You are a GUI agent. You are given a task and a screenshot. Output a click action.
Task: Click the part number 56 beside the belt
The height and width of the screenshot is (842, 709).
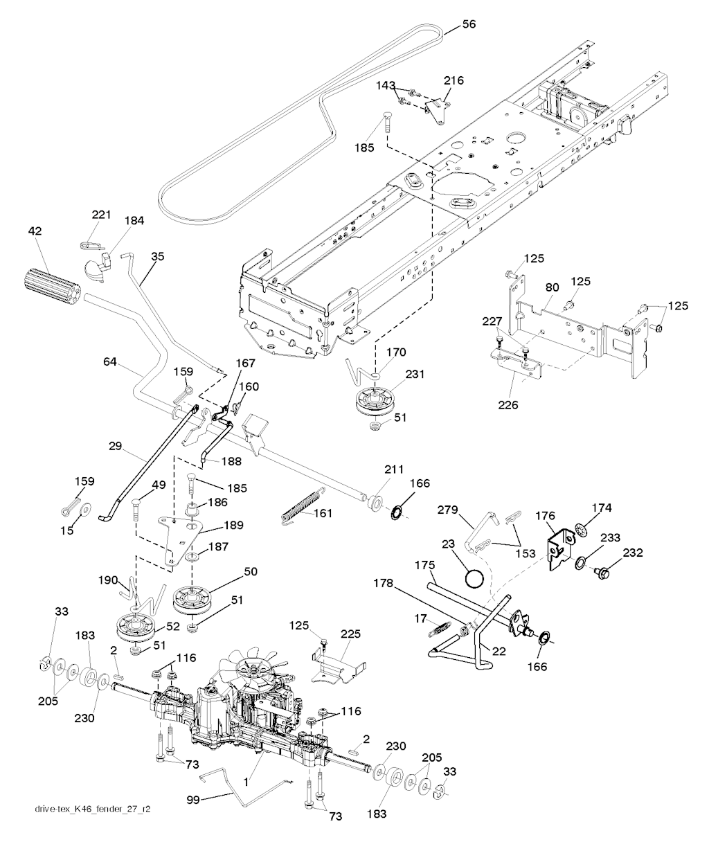coord(469,24)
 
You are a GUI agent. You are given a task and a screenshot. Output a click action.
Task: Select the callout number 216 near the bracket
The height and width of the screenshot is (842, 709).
coord(454,80)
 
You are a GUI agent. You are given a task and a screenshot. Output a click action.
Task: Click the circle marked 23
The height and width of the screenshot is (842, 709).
coord(474,579)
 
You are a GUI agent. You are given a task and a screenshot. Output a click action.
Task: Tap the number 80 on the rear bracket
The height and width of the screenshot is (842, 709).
coord(552,287)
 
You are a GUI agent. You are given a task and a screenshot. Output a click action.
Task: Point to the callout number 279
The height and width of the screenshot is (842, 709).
coord(448,510)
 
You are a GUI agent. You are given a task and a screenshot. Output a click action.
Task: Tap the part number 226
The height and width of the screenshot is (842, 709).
coord(508,404)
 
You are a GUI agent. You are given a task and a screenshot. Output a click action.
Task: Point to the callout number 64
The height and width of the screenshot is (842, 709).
coord(109,361)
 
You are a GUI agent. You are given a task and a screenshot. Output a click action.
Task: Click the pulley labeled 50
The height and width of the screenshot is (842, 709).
coord(192,599)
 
